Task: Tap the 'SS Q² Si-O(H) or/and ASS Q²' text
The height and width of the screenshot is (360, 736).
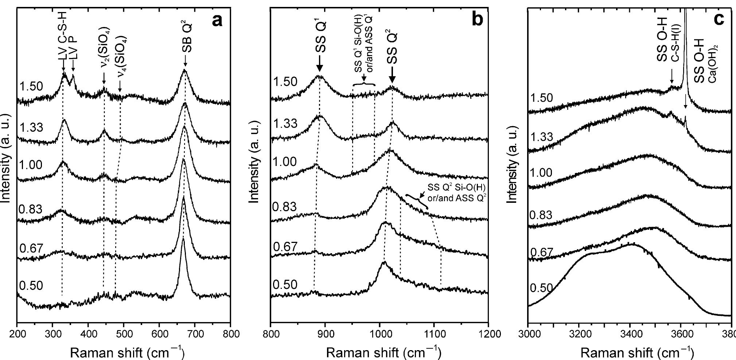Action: (456, 193)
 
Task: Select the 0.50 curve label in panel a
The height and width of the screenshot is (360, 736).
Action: (31, 285)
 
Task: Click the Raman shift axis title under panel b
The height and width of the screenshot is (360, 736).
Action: (383, 353)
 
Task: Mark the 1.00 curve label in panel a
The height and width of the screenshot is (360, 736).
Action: (30, 165)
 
